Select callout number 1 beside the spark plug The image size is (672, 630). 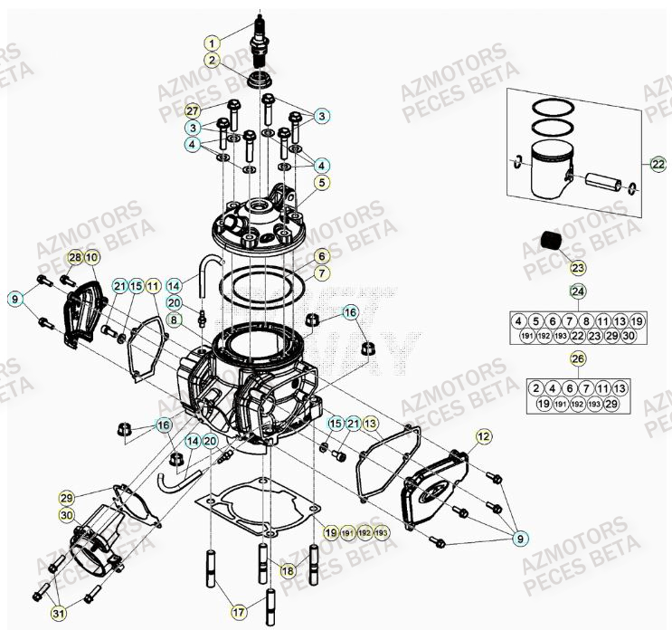click(212, 43)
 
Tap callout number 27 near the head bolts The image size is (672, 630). click(192, 110)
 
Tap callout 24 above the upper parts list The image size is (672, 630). click(576, 291)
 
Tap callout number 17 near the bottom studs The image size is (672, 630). click(239, 613)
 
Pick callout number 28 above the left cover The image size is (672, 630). click(76, 258)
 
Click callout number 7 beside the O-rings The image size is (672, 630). click(321, 272)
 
